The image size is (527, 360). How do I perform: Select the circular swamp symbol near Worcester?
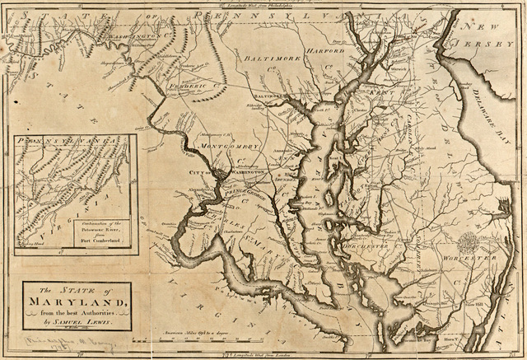tap(466, 242)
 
